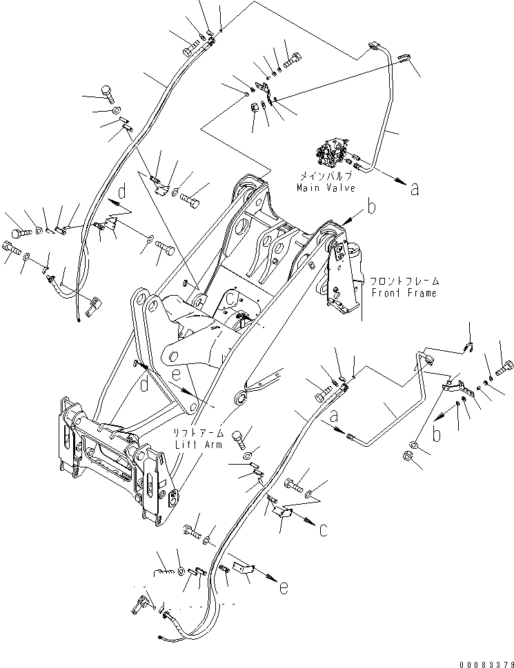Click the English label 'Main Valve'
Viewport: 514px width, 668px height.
(x=326, y=188)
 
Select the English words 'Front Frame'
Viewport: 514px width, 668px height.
(x=404, y=292)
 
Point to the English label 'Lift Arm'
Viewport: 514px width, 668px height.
(x=199, y=445)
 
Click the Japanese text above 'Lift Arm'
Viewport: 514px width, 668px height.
(x=199, y=434)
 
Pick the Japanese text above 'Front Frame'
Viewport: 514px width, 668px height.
(x=404, y=282)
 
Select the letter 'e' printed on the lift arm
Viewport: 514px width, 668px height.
(x=177, y=375)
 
